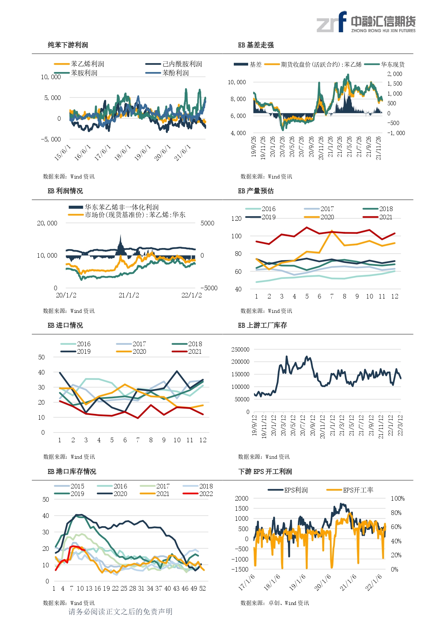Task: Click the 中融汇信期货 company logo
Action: tap(366, 22)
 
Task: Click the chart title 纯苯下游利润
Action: tap(68, 45)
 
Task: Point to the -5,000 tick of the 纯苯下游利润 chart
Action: tap(51, 139)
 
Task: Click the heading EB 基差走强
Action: tap(256, 45)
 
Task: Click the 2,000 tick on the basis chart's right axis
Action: tap(395, 74)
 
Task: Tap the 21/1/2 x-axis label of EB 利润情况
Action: tap(129, 295)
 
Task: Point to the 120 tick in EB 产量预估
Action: tap(236, 218)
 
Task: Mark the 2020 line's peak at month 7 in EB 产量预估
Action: tap(332, 231)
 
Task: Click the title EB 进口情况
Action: tap(65, 325)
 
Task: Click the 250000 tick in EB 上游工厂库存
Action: tap(240, 349)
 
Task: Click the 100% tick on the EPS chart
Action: tap(398, 499)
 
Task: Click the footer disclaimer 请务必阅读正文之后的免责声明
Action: tap(120, 611)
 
